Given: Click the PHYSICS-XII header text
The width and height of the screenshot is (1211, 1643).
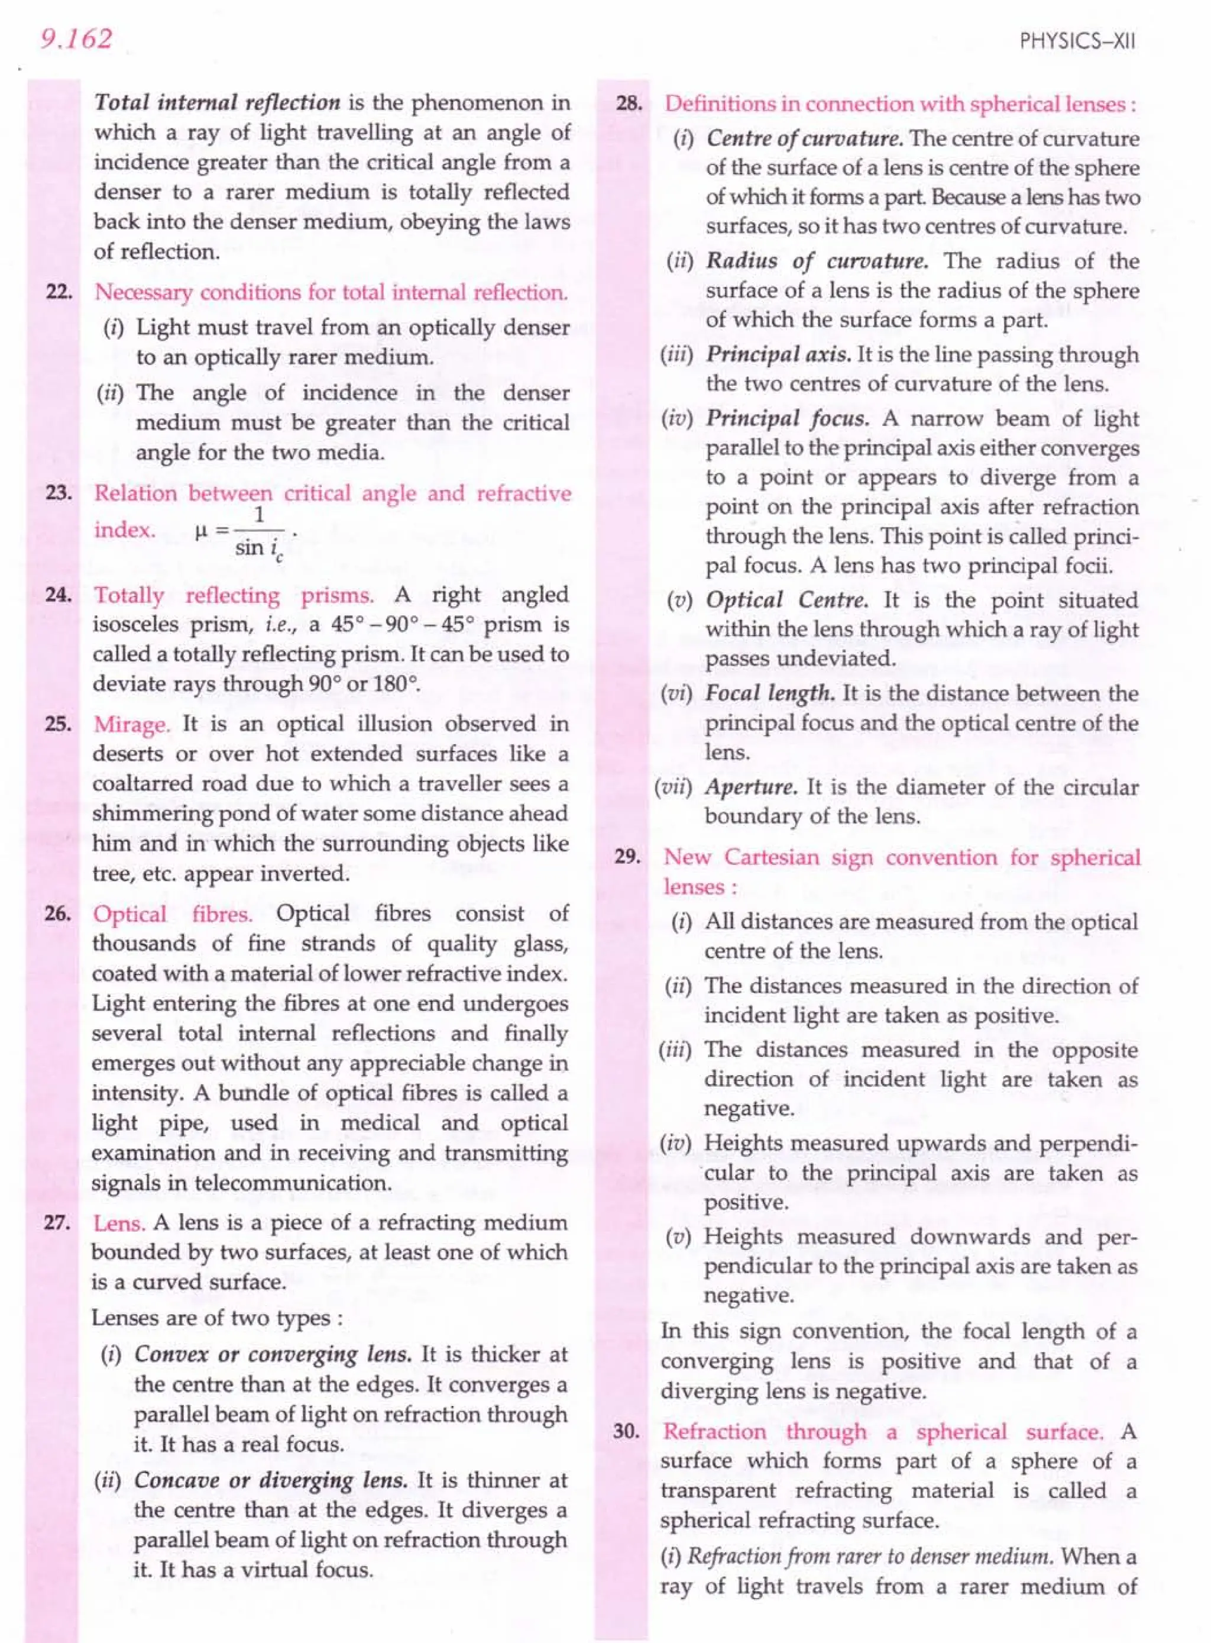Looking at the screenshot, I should (x=1077, y=41).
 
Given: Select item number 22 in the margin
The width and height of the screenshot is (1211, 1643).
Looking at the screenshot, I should (x=58, y=293).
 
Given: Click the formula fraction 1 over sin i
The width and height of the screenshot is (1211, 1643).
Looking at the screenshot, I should (x=260, y=531).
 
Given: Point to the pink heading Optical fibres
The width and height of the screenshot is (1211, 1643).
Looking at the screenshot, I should (x=172, y=914).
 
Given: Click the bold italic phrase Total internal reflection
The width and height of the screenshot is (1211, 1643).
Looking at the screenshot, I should (x=217, y=103).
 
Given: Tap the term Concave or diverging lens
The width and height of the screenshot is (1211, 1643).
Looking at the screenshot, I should (x=270, y=1480).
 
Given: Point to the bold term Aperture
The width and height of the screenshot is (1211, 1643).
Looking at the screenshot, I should (x=750, y=787).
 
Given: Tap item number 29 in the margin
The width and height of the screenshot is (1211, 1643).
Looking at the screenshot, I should (x=627, y=857).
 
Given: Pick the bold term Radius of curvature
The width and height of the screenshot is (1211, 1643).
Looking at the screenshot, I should (x=817, y=261).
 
